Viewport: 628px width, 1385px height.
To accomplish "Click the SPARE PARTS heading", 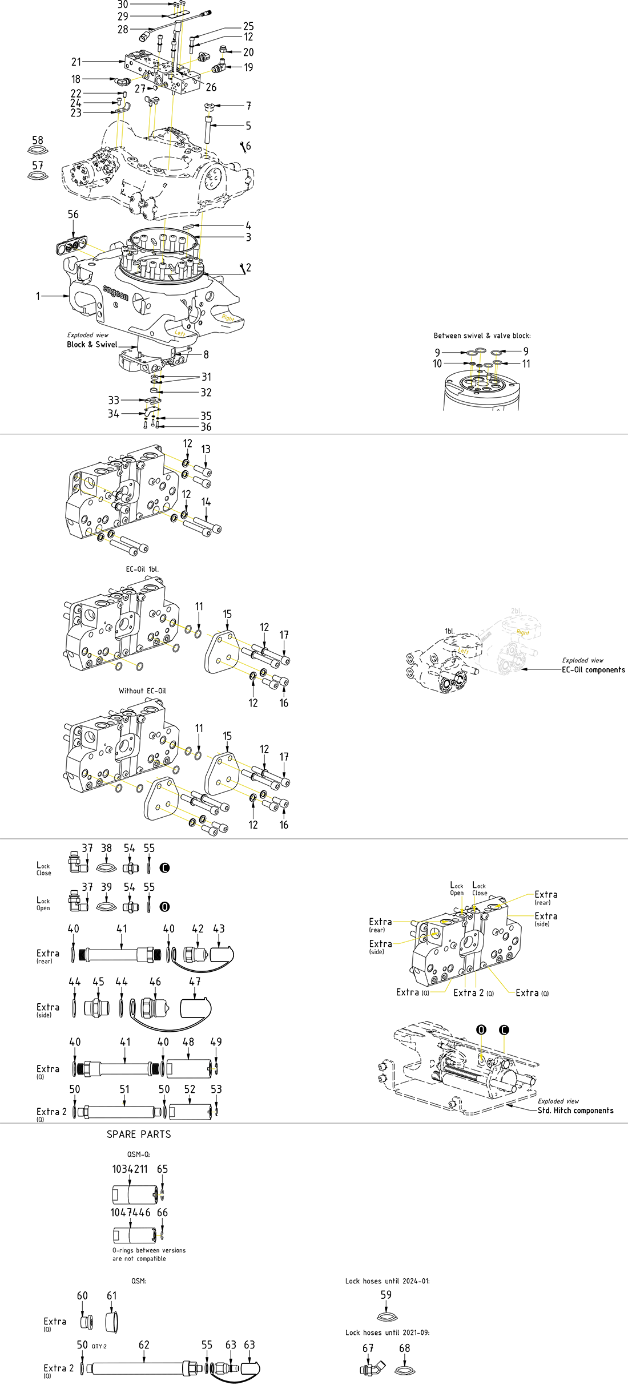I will click(139, 1134).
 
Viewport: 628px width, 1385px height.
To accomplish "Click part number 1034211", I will click(130, 1169).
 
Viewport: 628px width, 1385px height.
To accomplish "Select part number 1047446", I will click(130, 1212).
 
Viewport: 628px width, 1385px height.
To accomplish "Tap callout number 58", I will click(38, 140).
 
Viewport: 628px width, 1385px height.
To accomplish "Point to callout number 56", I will click(73, 215).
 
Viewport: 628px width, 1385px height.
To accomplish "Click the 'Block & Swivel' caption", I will click(92, 345).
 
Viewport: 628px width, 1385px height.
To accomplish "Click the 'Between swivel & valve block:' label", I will click(482, 336).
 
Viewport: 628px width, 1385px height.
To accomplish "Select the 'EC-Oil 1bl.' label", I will click(142, 569).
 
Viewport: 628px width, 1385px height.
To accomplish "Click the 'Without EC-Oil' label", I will click(142, 691).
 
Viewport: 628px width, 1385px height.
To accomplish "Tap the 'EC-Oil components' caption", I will click(593, 670).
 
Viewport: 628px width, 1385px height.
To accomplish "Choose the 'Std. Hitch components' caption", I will click(575, 1111).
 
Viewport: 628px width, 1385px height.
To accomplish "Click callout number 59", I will click(386, 1295).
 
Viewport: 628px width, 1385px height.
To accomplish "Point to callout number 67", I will click(368, 1348).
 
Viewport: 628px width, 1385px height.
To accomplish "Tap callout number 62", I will click(144, 1345).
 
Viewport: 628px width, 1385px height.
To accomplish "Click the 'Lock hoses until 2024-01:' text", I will click(387, 1281).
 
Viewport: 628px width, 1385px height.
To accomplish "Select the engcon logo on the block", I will click(116, 293).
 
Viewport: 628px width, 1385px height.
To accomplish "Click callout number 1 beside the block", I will click(38, 296).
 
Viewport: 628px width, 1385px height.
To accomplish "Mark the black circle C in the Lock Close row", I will click(164, 867).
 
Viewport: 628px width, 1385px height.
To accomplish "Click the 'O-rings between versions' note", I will click(148, 1250).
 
